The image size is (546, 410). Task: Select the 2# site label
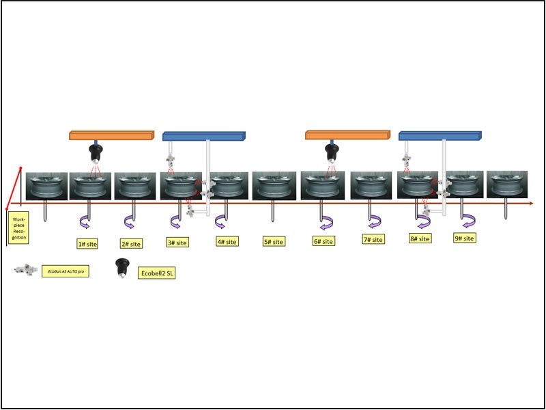(x=130, y=243)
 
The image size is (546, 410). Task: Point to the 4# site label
(x=227, y=241)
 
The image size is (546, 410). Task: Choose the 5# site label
(x=274, y=241)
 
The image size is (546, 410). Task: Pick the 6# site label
(x=324, y=241)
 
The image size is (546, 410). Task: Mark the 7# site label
(x=373, y=239)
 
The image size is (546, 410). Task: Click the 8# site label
(x=420, y=238)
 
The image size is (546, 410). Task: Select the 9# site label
(x=465, y=238)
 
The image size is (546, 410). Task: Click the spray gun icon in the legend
(x=25, y=271)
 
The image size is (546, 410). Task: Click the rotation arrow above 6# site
(x=326, y=221)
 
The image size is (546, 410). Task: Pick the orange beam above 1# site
(x=111, y=135)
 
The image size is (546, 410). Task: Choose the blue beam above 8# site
(x=440, y=135)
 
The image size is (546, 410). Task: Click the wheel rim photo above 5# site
(x=274, y=185)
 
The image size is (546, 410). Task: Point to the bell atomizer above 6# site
(x=332, y=151)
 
